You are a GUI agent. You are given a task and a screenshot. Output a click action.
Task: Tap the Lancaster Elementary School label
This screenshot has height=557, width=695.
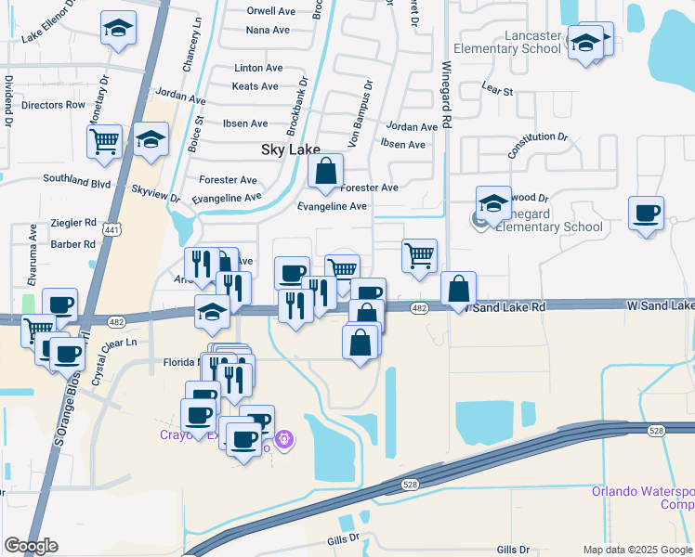click(506, 42)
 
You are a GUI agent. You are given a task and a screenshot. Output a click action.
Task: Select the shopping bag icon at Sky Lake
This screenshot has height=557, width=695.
click(326, 172)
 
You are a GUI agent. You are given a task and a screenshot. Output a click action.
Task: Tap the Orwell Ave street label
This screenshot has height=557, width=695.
click(271, 12)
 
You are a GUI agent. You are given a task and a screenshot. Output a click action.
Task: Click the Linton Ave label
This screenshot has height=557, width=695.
click(259, 69)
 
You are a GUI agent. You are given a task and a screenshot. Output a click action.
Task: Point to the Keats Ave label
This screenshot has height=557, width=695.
click(255, 87)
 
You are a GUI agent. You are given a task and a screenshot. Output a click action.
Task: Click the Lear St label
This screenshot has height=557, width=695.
click(497, 91)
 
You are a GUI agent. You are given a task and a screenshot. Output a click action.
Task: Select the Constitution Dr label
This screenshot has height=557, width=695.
click(537, 143)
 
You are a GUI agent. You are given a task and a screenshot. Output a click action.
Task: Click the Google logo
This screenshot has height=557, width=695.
click(31, 546)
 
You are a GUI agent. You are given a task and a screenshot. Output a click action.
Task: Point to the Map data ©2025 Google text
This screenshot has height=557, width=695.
click(636, 550)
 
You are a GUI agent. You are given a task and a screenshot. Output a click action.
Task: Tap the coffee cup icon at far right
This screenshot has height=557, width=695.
click(646, 213)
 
